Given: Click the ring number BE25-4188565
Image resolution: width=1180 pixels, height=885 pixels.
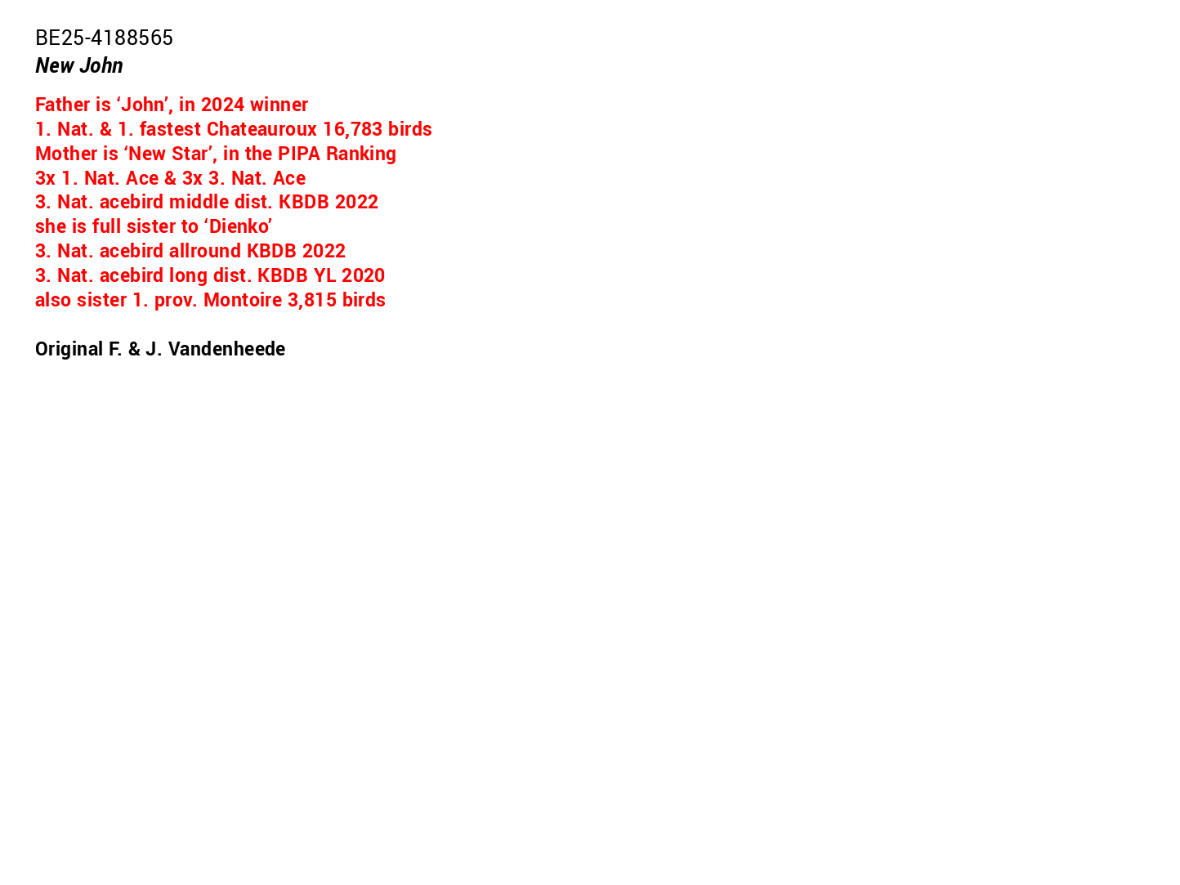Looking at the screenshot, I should coord(104,38).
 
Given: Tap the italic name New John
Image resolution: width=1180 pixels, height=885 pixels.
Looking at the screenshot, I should coord(78,65).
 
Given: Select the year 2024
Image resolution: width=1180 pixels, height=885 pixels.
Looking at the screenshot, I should coord(222,105).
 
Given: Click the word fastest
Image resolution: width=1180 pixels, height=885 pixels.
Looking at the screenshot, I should coord(170,129).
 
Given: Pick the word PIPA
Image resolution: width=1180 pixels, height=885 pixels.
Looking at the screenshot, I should coord(299,154).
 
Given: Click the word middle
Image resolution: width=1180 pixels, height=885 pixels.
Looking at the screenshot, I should coord(195,202).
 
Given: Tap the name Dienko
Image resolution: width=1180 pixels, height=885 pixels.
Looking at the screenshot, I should coord(238,226).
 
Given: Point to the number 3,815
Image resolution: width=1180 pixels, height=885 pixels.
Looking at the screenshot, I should coord(312,300).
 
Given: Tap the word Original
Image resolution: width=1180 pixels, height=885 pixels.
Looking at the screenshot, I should coord(68,350).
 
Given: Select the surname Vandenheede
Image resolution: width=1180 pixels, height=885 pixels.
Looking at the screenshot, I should coord(227,349).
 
